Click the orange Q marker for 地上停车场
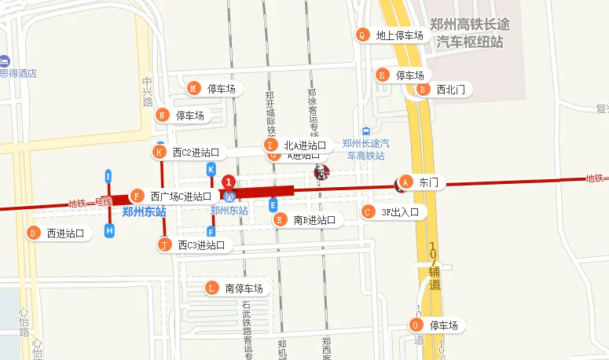point(362,35)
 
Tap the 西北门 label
point(450,90)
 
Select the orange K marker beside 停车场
point(383,75)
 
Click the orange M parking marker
point(193,88)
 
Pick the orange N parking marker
point(162,115)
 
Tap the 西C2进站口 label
point(195,152)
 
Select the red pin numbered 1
point(229,182)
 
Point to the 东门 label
point(428,182)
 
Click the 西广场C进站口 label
point(181,196)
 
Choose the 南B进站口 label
point(314,220)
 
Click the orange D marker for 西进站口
point(33,233)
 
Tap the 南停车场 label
point(244,288)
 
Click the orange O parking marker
point(416,325)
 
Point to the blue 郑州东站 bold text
point(145,211)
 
